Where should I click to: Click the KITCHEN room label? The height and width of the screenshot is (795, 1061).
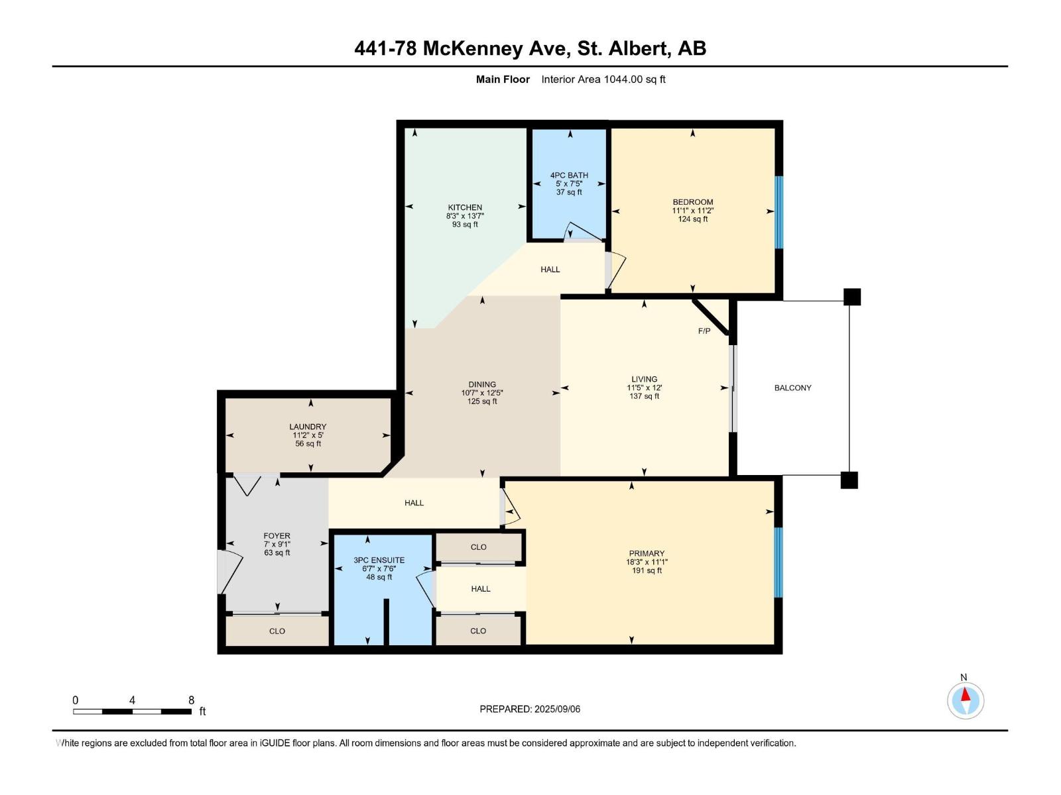click(x=465, y=207)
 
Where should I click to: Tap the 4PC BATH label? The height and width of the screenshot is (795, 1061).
click(x=569, y=176)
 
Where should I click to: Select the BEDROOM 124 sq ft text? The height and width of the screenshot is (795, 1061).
click(x=693, y=219)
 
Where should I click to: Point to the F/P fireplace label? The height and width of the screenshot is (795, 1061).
click(x=704, y=331)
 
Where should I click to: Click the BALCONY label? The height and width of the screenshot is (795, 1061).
click(x=792, y=388)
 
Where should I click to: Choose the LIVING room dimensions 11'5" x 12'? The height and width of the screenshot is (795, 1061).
click(x=645, y=388)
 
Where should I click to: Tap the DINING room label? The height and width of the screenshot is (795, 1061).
click(x=482, y=384)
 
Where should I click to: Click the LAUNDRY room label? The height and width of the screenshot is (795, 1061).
click(x=308, y=427)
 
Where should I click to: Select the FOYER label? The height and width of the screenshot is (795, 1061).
click(x=277, y=536)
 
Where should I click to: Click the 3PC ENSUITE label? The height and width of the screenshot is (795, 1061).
click(x=379, y=560)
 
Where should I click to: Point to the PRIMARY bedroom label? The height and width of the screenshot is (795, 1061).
click(x=647, y=554)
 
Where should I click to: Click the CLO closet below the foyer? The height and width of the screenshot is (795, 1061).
click(x=277, y=631)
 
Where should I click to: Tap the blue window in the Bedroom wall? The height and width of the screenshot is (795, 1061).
click(x=779, y=212)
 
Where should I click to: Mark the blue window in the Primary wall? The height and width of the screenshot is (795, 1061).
click(x=779, y=562)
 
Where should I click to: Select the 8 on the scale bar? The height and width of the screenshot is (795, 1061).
click(x=192, y=700)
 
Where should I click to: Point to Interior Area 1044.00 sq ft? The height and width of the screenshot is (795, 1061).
click(x=603, y=79)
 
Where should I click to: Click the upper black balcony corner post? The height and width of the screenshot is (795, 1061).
click(x=852, y=297)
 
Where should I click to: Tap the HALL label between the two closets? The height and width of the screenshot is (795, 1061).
click(x=481, y=589)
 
